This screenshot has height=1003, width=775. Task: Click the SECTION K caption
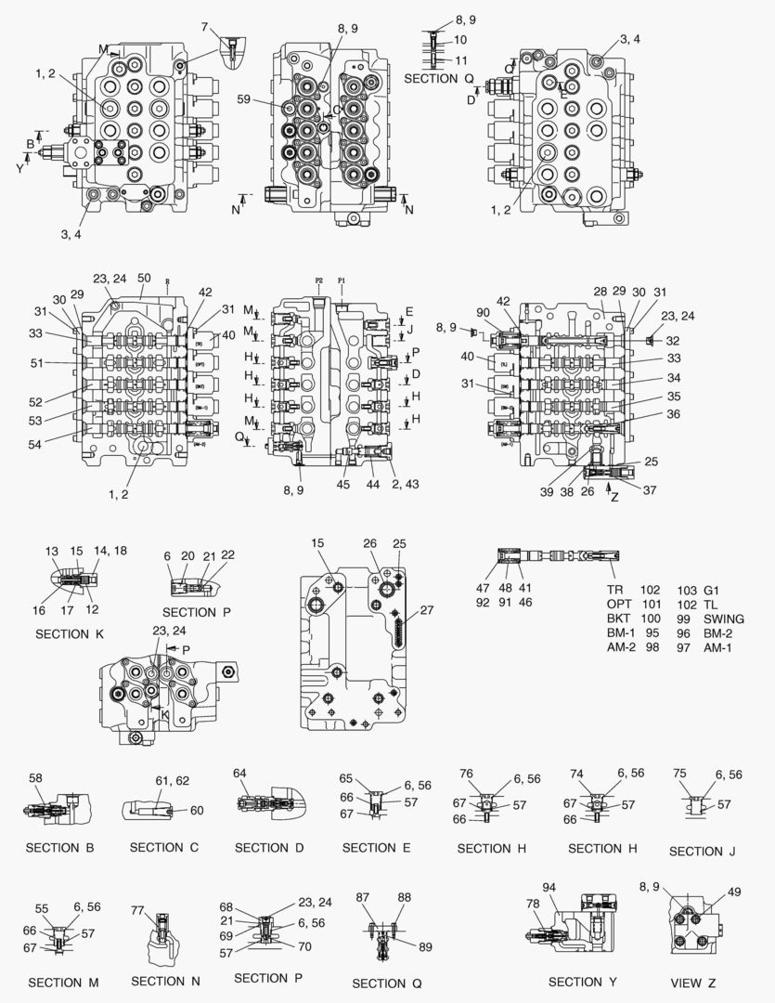[70, 633]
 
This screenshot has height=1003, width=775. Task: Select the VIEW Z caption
[692, 983]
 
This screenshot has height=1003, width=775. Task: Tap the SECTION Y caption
[582, 982]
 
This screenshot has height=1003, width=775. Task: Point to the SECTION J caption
[702, 851]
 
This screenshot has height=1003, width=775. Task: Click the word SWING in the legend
[724, 619]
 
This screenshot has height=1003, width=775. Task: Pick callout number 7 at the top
[204, 28]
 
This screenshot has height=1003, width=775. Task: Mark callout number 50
[144, 278]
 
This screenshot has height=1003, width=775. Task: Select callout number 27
[427, 610]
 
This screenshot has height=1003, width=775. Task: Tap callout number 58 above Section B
[36, 778]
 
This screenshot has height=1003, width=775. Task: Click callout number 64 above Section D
[239, 773]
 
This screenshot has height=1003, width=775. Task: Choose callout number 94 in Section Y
[549, 888]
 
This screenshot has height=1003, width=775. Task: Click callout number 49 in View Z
[734, 892]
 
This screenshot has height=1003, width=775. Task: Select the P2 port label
[319, 279]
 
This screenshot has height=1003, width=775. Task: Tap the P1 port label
[342, 279]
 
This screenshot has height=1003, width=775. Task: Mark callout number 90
[484, 312]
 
